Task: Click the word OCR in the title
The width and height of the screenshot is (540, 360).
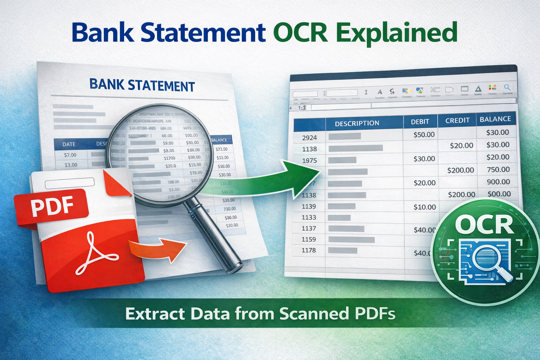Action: [300, 33]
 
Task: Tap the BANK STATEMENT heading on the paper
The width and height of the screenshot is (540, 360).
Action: [142, 85]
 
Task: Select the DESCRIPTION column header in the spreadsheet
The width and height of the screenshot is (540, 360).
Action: [357, 123]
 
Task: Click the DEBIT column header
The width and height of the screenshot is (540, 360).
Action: [420, 122]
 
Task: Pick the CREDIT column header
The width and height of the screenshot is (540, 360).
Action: [457, 120]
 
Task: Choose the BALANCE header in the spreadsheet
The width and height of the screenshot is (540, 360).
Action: [495, 119]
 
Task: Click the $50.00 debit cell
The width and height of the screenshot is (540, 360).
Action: [424, 134]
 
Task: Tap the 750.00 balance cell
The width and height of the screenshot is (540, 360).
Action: [498, 169]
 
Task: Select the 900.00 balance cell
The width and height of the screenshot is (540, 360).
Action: [498, 182]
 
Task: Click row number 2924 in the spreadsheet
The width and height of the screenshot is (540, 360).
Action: [309, 138]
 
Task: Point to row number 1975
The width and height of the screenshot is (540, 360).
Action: [309, 161]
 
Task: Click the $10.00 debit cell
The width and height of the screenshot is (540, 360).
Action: [425, 207]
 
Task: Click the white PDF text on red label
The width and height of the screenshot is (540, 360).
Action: [52, 206]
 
